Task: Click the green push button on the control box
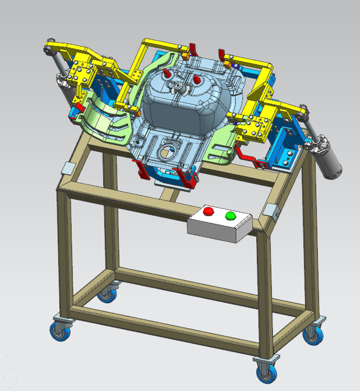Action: [230, 216]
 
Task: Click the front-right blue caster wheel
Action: [264, 370]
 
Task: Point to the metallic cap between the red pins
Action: [178, 87]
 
